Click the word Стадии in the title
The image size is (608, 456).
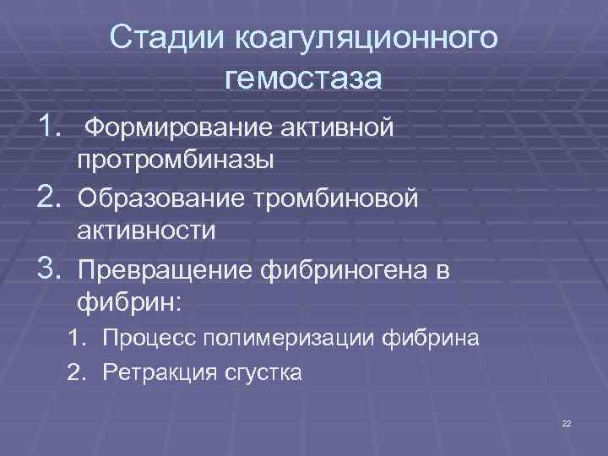point(161,37)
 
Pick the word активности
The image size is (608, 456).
point(145,230)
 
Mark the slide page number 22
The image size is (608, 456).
point(567,422)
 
